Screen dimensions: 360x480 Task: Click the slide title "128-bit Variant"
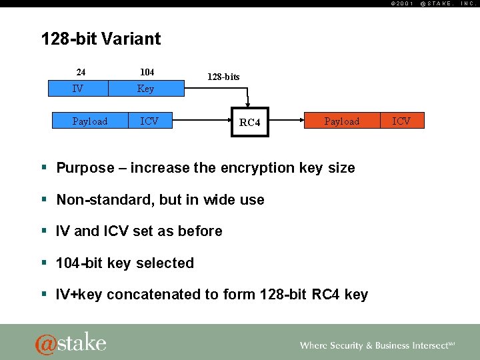101,39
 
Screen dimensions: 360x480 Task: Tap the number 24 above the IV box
81,72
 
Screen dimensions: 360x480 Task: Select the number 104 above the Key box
147,72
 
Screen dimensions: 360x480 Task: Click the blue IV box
79,88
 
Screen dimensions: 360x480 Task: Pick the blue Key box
145,88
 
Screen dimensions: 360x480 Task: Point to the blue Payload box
90,121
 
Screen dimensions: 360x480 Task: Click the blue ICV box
149,121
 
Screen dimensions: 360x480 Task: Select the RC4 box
250,122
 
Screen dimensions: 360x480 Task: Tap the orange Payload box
341,121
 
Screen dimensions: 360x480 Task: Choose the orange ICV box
401,121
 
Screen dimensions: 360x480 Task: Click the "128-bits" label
223,77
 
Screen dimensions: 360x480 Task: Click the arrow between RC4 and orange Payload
287,121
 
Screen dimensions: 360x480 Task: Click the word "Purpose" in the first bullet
85,168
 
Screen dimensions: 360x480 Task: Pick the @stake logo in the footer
71,343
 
